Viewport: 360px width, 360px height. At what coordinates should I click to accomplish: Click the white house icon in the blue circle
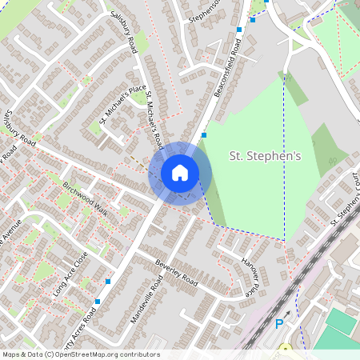click(180, 172)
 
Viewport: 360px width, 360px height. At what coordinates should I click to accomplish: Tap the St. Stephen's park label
click(265, 156)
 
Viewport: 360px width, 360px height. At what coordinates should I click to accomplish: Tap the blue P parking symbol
click(279, 324)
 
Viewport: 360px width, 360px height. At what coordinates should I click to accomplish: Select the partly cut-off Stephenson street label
click(205, 10)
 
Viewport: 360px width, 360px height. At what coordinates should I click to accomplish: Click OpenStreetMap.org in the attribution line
click(94, 354)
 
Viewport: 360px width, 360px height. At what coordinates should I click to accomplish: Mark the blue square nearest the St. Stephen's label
click(204, 135)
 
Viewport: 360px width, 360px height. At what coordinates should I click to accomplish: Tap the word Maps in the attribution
click(11, 354)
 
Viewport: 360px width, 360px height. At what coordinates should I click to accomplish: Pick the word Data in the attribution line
click(37, 354)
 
